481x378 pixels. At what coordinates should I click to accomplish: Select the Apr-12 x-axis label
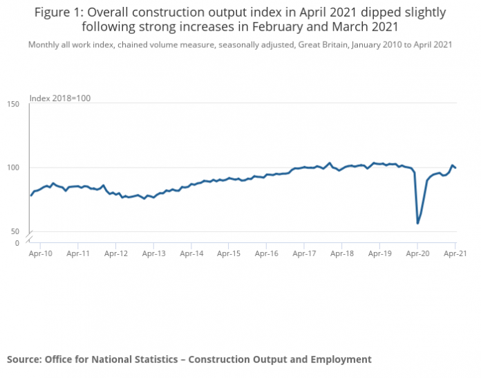tap(115, 254)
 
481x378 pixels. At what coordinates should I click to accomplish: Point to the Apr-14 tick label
tap(191, 254)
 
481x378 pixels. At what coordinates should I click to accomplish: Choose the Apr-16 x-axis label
tap(266, 254)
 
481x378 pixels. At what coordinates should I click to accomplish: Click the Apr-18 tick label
tap(341, 254)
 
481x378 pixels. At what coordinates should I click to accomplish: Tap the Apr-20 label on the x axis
tap(417, 254)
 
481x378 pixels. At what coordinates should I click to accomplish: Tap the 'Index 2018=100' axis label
tap(60, 98)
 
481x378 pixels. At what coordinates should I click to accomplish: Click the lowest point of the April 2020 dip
tap(417, 223)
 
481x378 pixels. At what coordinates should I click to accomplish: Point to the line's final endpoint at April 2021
tap(455, 168)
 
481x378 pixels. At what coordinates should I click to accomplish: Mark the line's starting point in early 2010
tap(31, 195)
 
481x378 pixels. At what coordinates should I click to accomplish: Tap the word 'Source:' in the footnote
tap(24, 359)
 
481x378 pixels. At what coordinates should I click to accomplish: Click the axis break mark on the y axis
tap(29, 238)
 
